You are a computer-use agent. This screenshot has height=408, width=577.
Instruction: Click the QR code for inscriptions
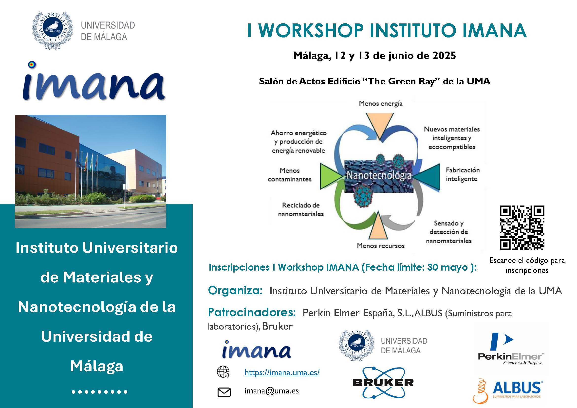[522, 228]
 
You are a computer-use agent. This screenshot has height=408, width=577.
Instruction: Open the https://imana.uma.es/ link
[282, 372]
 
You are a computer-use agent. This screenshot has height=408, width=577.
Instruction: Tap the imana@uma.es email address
[271, 391]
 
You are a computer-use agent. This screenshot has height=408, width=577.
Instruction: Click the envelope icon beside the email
[224, 392]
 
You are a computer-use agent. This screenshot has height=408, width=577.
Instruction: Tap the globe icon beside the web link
[223, 372]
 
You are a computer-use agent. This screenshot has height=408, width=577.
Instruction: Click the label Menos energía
[380, 104]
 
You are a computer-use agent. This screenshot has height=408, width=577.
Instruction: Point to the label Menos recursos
[381, 245]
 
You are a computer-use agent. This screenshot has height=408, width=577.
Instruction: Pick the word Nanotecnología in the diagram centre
[379, 176]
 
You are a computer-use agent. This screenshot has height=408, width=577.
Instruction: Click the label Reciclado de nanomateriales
[301, 209]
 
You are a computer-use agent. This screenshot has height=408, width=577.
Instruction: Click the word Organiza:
[235, 291]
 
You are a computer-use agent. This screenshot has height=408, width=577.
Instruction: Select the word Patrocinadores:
[252, 313]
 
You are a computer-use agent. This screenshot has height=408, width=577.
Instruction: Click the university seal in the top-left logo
[53, 30]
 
